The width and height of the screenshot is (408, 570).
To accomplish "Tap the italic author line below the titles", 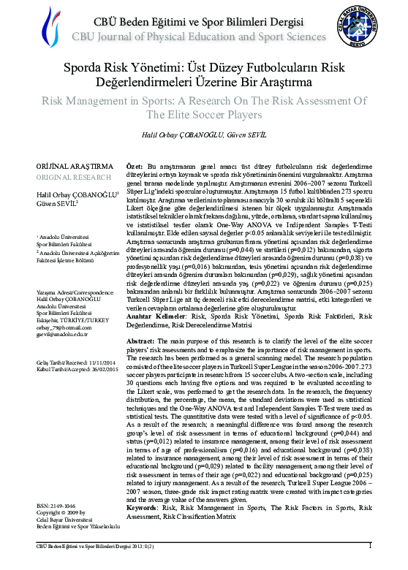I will pos(203,137).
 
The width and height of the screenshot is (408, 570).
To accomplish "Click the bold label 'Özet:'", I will pos(135,167).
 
